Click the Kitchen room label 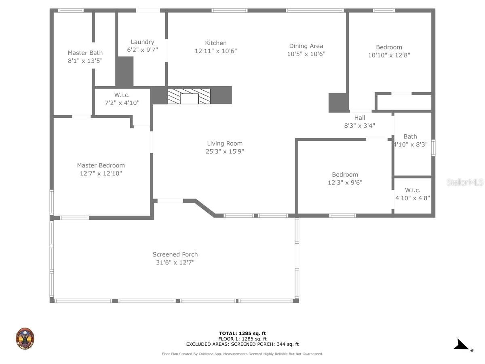pyautogui.click(x=216, y=43)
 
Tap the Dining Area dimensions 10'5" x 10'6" pyautogui.click(x=306, y=54)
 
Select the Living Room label pyautogui.click(x=225, y=143)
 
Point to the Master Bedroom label pyautogui.click(x=101, y=165)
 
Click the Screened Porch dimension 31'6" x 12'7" pyautogui.click(x=175, y=262)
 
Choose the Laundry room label pyautogui.click(x=142, y=42)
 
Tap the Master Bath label pyautogui.click(x=85, y=53)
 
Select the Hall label pyautogui.click(x=359, y=118)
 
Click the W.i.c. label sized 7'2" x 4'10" pyautogui.click(x=122, y=95)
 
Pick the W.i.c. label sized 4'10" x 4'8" pyautogui.click(x=413, y=190)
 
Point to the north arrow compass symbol pyautogui.click(x=462, y=345)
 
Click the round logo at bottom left pyautogui.click(x=25, y=339)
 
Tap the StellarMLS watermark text pyautogui.click(x=464, y=182)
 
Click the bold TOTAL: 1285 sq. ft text pyautogui.click(x=242, y=333)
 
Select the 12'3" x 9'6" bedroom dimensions pyautogui.click(x=345, y=182)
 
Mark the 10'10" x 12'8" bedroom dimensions pyautogui.click(x=389, y=55)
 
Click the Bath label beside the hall pyautogui.click(x=410, y=136)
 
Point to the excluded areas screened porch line pyautogui.click(x=242, y=344)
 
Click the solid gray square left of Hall pyautogui.click(x=338, y=103)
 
